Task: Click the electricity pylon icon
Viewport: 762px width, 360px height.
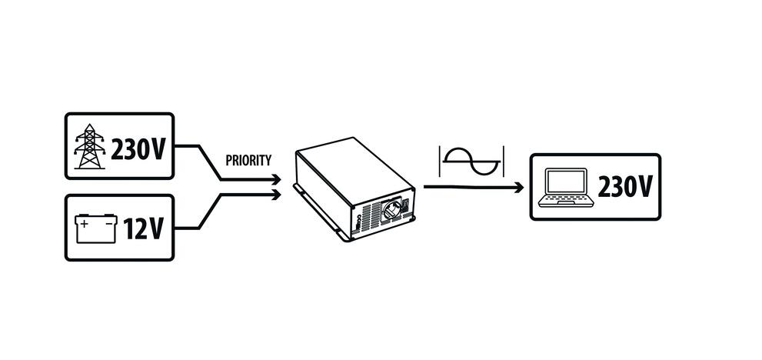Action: pyautogui.click(x=91, y=147)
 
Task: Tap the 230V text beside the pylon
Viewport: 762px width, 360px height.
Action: pyautogui.click(x=138, y=148)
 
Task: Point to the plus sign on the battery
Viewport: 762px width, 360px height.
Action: pyautogui.click(x=85, y=224)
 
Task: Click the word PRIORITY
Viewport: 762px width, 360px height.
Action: pyautogui.click(x=248, y=162)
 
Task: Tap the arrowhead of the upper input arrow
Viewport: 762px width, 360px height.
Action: pyautogui.click(x=278, y=180)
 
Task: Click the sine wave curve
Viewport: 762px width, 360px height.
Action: pyautogui.click(x=471, y=162)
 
